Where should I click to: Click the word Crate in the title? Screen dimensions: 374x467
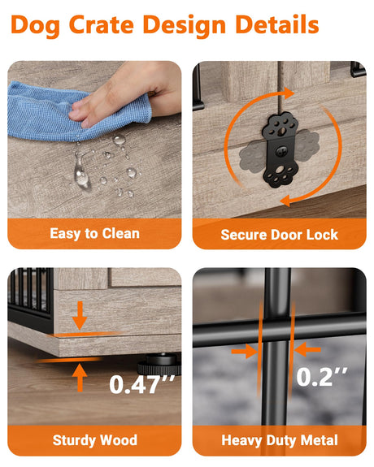pyautogui.click(x=102, y=24)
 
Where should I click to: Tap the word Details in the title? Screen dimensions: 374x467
pyautogui.click(x=277, y=24)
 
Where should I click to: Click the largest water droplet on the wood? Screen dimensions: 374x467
pyautogui.click(x=82, y=176)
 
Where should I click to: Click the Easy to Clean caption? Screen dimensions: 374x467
pyautogui.click(x=94, y=234)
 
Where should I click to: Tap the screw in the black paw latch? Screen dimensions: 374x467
pyautogui.click(x=281, y=151)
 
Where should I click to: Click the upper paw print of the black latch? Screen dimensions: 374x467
pyautogui.click(x=280, y=126)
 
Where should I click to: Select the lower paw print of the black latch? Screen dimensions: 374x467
pyautogui.click(x=280, y=175)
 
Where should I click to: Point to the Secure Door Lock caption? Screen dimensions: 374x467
pyautogui.click(x=280, y=235)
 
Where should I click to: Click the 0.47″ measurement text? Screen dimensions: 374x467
pyautogui.click(x=141, y=384)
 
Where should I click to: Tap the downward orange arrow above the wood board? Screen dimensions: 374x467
pyautogui.click(x=80, y=315)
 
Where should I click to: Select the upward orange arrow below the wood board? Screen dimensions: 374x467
pyautogui.click(x=80, y=378)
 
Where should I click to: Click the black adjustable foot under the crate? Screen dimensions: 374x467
pyautogui.click(x=159, y=363)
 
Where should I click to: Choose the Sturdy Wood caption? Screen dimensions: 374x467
pyautogui.click(x=95, y=440)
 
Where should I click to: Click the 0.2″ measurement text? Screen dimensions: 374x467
pyautogui.click(x=321, y=377)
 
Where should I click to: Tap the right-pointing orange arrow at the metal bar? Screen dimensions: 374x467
pyautogui.click(x=245, y=352)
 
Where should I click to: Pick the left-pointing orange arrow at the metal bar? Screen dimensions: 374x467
pyautogui.click(x=308, y=349)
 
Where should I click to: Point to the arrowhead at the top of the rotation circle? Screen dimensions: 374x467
pyautogui.click(x=288, y=93)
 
